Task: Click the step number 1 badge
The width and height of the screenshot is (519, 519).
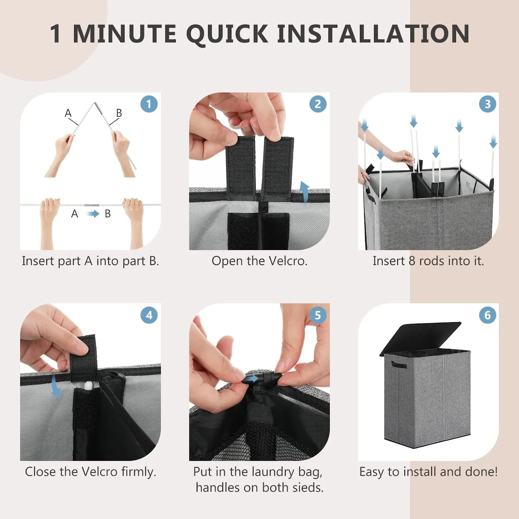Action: (x=149, y=104)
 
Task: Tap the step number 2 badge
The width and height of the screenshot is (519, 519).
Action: (x=318, y=104)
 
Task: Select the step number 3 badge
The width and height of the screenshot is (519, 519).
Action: (x=488, y=104)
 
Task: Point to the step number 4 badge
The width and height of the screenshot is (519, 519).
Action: (x=149, y=315)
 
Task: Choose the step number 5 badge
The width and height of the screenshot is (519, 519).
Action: (x=318, y=315)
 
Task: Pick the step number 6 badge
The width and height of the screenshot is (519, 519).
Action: (x=488, y=315)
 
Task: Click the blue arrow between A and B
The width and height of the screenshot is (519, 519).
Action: (x=93, y=214)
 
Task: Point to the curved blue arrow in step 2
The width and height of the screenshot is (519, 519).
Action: (x=304, y=192)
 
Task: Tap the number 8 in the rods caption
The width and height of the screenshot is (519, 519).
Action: (x=412, y=261)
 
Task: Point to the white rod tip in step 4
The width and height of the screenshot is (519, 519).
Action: (x=89, y=385)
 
